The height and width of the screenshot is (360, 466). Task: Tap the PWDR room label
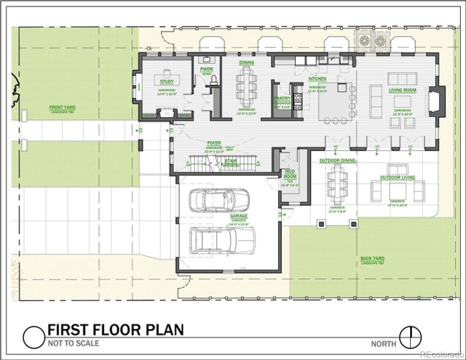click(x=206, y=69)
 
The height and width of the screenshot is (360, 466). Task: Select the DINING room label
click(x=246, y=62)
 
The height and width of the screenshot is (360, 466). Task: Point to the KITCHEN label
click(x=317, y=79)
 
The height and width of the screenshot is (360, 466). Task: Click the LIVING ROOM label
click(x=402, y=91)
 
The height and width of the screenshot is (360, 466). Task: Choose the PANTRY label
click(x=282, y=98)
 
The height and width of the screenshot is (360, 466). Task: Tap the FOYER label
click(x=214, y=143)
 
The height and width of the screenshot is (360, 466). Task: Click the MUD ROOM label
click(x=290, y=174)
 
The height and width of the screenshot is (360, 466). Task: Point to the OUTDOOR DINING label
click(x=337, y=161)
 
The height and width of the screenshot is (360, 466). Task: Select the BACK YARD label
click(x=372, y=259)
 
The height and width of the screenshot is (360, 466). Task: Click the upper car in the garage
click(x=218, y=200)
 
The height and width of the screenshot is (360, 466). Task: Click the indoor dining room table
click(x=246, y=86)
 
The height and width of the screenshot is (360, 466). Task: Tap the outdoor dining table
click(x=336, y=184)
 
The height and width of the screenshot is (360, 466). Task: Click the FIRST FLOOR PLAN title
click(x=115, y=330)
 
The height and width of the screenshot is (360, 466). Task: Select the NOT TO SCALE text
click(x=73, y=344)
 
